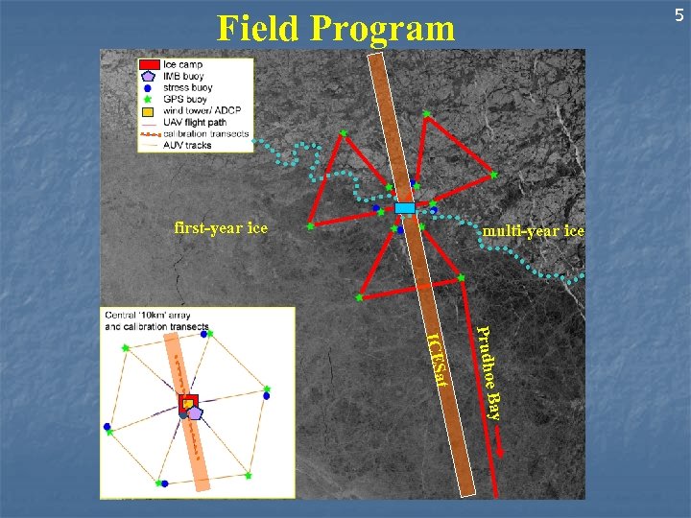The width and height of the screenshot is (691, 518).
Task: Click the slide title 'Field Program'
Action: click(x=336, y=28)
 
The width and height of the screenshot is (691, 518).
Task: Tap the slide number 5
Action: click(x=678, y=15)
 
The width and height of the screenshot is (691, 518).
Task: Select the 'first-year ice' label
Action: click(x=221, y=228)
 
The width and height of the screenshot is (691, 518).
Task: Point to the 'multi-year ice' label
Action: click(x=534, y=231)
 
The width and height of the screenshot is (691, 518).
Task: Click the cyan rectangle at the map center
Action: click(x=405, y=208)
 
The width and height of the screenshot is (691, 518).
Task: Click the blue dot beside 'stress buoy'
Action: click(x=147, y=87)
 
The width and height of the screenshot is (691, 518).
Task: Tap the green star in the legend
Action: click(x=147, y=99)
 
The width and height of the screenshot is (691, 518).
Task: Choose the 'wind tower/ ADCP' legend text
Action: click(x=202, y=110)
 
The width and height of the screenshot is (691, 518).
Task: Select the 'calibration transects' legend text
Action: click(x=206, y=133)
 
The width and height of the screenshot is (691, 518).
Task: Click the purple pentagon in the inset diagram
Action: click(x=195, y=412)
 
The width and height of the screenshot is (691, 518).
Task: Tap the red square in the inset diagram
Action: click(x=188, y=402)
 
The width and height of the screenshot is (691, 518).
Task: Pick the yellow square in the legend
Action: click(x=147, y=110)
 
